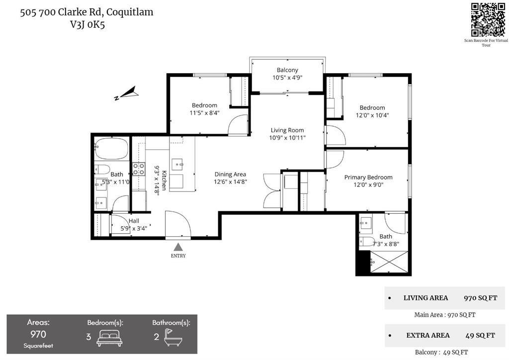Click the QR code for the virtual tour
(488, 19)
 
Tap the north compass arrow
(128, 93)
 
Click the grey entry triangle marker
(178, 247)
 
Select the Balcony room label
(287, 70)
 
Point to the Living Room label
(287, 130)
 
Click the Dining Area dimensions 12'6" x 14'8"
(230, 182)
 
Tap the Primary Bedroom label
(368, 177)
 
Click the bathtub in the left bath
(111, 148)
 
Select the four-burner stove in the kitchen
(139, 169)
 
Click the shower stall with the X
(389, 262)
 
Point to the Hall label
(134, 221)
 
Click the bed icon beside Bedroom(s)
(109, 338)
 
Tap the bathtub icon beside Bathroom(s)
(173, 337)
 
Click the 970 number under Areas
(38, 334)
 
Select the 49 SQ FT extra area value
(480, 335)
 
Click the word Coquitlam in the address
(130, 12)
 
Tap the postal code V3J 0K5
(87, 25)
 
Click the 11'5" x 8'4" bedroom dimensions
(204, 113)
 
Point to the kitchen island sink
(177, 164)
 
